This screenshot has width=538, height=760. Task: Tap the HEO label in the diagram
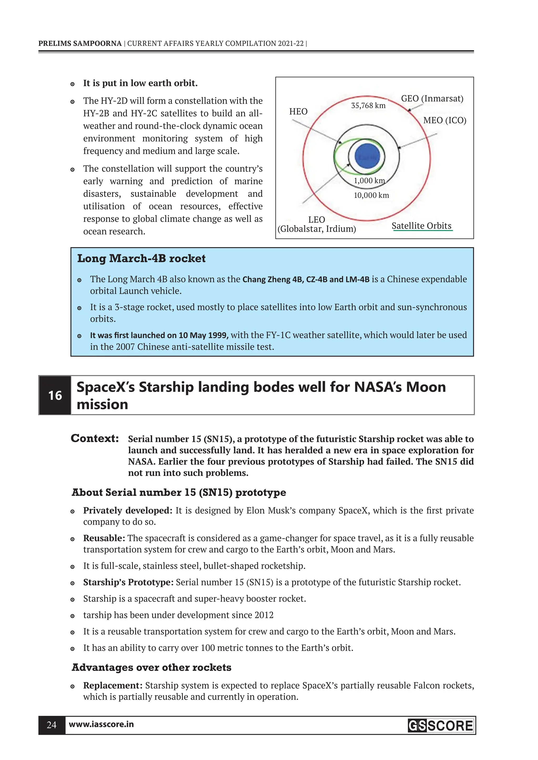(298, 111)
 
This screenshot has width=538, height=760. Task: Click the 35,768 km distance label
(368, 106)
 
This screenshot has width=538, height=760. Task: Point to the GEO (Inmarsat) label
(432, 99)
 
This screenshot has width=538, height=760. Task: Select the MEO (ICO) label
(444, 120)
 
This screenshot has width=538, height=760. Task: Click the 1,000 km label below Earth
(369, 181)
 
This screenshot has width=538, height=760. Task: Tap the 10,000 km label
(371, 195)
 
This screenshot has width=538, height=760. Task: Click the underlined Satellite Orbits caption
(421, 226)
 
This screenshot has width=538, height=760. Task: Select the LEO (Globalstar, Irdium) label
(317, 224)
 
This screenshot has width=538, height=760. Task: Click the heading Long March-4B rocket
(141, 258)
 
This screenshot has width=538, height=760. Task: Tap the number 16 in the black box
(55, 395)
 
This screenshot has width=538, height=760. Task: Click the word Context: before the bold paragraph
(95, 438)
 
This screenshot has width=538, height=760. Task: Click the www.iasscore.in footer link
(101, 724)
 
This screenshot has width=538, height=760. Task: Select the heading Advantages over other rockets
(152, 667)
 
